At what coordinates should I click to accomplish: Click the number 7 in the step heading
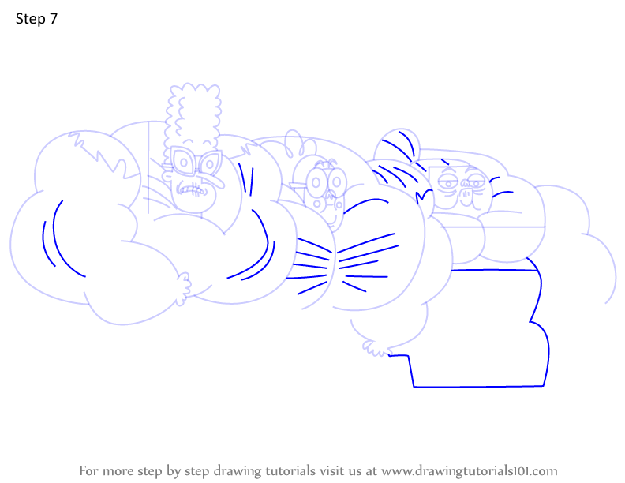pos(53,19)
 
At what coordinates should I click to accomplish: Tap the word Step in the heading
pos(30,19)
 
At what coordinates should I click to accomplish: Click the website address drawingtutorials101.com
pos(470,470)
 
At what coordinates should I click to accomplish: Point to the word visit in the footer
pos(333,470)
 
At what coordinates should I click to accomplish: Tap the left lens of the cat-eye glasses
pos(183,162)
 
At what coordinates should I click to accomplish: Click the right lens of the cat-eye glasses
pos(209,163)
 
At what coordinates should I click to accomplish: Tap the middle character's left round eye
pos(316,182)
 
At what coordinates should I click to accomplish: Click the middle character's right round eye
pos(337,182)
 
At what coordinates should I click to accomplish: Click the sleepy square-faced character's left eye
pos(448,183)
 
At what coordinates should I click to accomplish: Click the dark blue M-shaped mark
pos(424,195)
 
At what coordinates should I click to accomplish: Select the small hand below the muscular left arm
pos(184,288)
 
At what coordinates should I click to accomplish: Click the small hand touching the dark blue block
pos(376,347)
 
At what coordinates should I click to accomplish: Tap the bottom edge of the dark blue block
pos(478,386)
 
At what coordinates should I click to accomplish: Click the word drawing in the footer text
pos(238,471)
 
